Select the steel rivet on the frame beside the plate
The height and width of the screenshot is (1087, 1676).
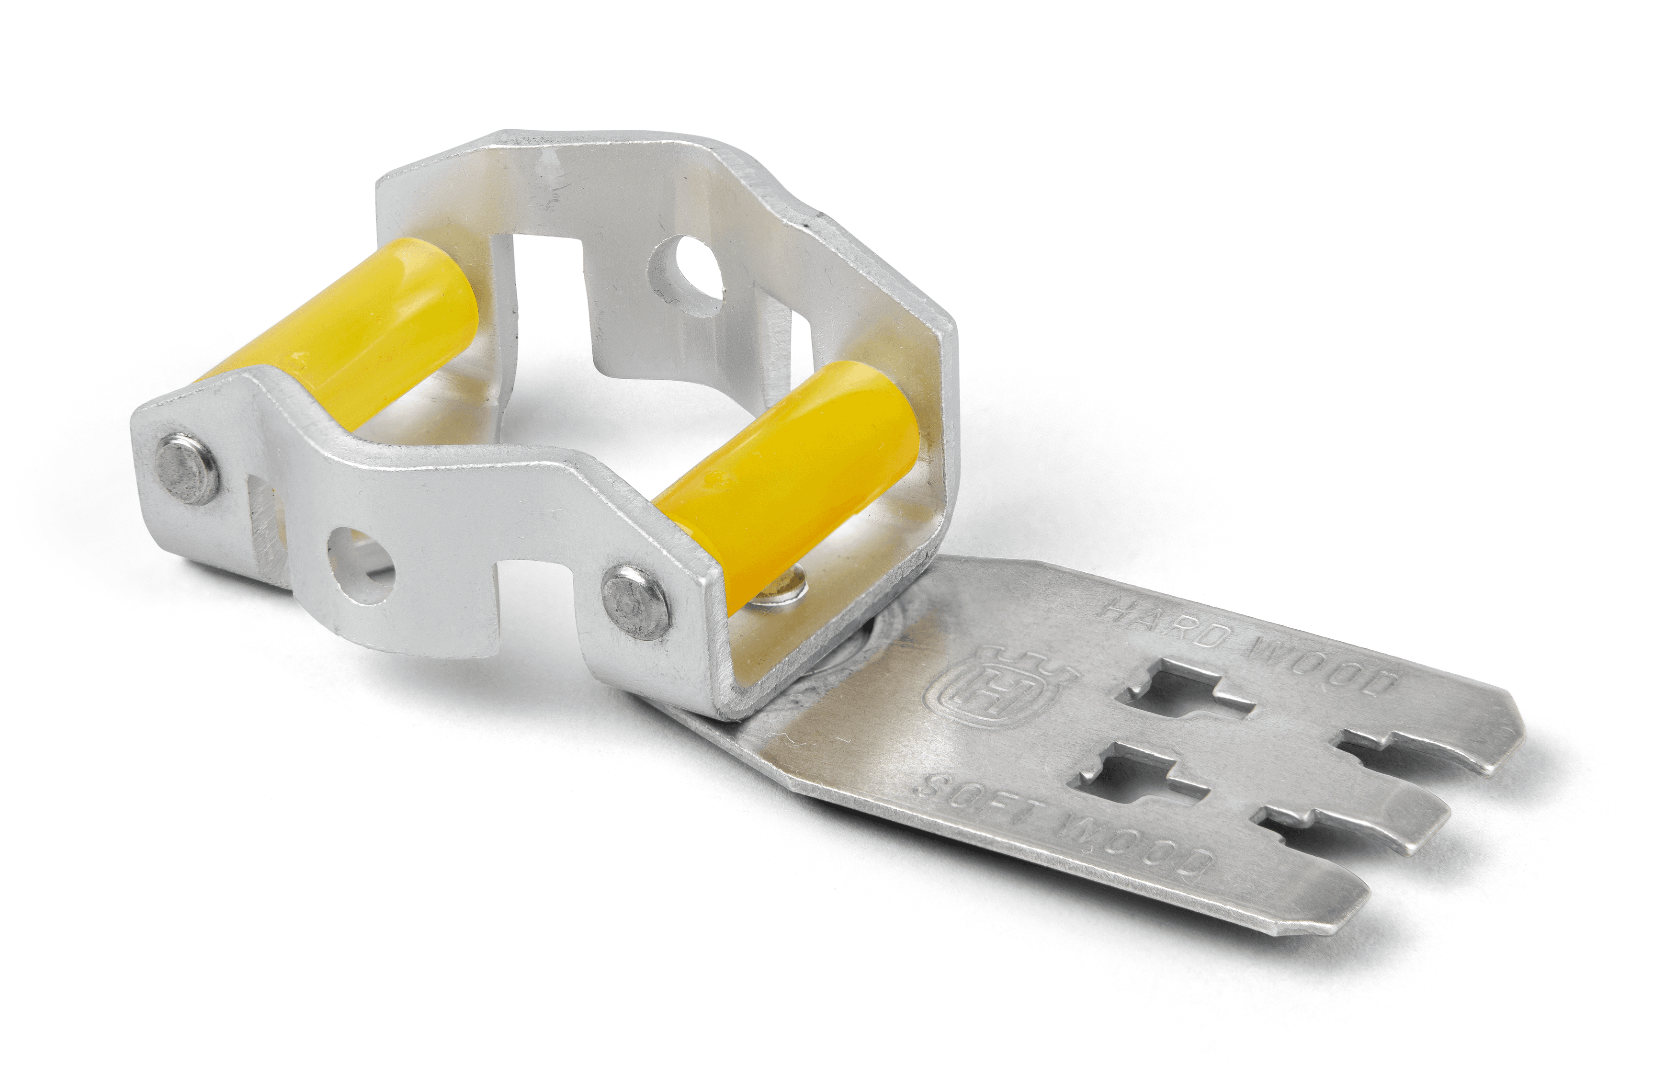click(x=636, y=602)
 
